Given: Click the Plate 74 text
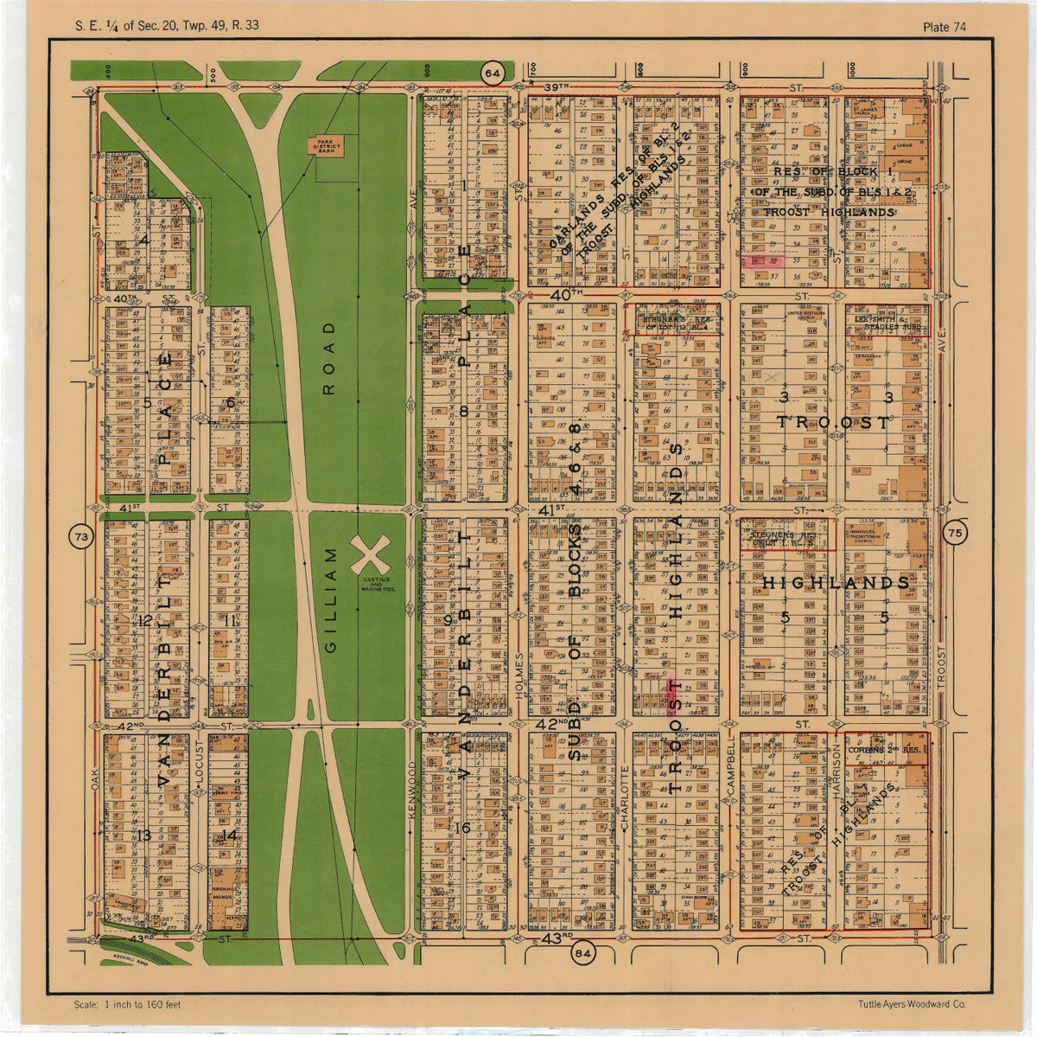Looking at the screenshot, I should tap(944, 27).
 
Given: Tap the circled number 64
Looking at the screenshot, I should tap(493, 74).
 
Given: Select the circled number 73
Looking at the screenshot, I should tap(81, 538).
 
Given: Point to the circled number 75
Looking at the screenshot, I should tap(955, 533).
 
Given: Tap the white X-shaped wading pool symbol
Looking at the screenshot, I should tap(371, 554).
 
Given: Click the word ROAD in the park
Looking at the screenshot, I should tap(328, 358).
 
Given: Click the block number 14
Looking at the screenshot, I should tap(228, 835).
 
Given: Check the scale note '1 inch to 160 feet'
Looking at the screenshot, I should tap(128, 1004).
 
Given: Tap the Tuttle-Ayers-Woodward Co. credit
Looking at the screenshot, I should tap(912, 1004).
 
